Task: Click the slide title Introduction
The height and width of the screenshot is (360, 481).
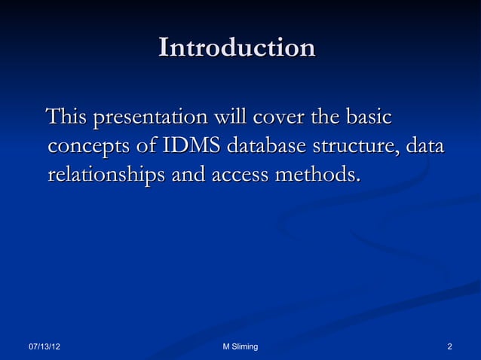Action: pyautogui.click(x=237, y=48)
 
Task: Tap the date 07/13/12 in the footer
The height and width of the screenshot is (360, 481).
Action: pyautogui.click(x=45, y=346)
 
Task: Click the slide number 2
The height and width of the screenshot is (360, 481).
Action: pyautogui.click(x=449, y=346)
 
